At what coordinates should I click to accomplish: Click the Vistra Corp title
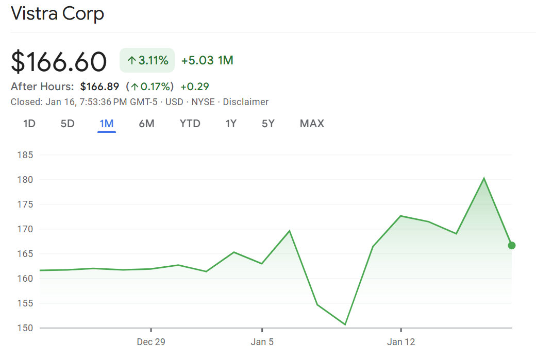[x=57, y=13]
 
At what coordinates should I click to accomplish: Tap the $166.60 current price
[x=59, y=61]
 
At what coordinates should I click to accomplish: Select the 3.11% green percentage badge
[x=147, y=61]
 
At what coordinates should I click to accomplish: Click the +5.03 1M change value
[x=207, y=61]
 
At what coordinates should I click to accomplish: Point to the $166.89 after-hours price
[x=99, y=87]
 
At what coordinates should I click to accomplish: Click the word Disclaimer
[x=245, y=102]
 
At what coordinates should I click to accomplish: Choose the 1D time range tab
[x=29, y=124]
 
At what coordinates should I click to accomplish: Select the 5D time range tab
[x=68, y=124]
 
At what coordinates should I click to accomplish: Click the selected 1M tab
[x=107, y=124]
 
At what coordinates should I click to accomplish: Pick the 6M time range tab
[x=146, y=124]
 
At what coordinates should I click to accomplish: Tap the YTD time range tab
[x=190, y=124]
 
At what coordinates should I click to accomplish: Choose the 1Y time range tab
[x=231, y=124]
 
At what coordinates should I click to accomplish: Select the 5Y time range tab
[x=268, y=124]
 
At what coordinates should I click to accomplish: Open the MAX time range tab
[x=312, y=124]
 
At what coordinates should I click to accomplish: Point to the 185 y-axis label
[x=25, y=155]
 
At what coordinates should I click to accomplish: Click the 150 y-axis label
[x=25, y=328]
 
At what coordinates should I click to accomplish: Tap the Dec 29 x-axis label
[x=151, y=342]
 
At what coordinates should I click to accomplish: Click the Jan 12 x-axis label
[x=401, y=342]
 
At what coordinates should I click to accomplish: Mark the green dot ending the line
[x=511, y=245]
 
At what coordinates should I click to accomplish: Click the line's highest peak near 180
[x=483, y=178]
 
